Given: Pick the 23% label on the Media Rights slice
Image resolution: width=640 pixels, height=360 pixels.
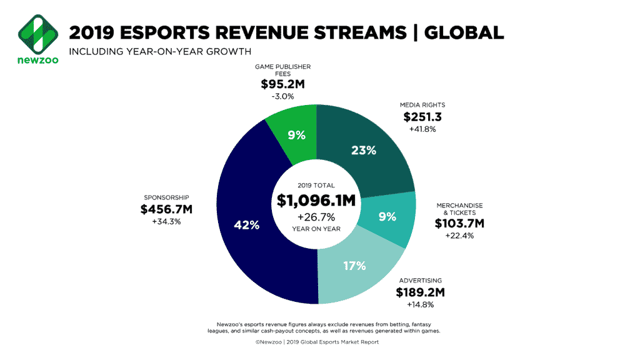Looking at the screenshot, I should [x=363, y=150].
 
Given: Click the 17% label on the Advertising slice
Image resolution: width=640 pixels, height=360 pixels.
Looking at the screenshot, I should [x=354, y=265].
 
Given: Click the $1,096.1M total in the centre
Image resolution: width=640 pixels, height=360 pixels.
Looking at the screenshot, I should [x=316, y=201].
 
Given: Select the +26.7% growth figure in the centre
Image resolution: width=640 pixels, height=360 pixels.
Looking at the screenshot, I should [x=316, y=217].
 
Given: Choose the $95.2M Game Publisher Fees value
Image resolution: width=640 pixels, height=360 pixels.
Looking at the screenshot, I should [x=291, y=85].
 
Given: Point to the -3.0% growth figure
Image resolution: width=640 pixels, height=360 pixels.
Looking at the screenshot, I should [x=291, y=97].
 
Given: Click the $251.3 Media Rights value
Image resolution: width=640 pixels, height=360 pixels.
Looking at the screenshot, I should [x=422, y=117].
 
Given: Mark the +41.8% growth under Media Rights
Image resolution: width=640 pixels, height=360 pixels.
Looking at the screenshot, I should [x=422, y=129].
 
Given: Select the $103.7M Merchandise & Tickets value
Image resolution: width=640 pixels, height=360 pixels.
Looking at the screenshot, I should [x=460, y=224].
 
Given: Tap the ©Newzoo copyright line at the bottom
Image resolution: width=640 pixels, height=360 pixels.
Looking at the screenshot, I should [x=316, y=342].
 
